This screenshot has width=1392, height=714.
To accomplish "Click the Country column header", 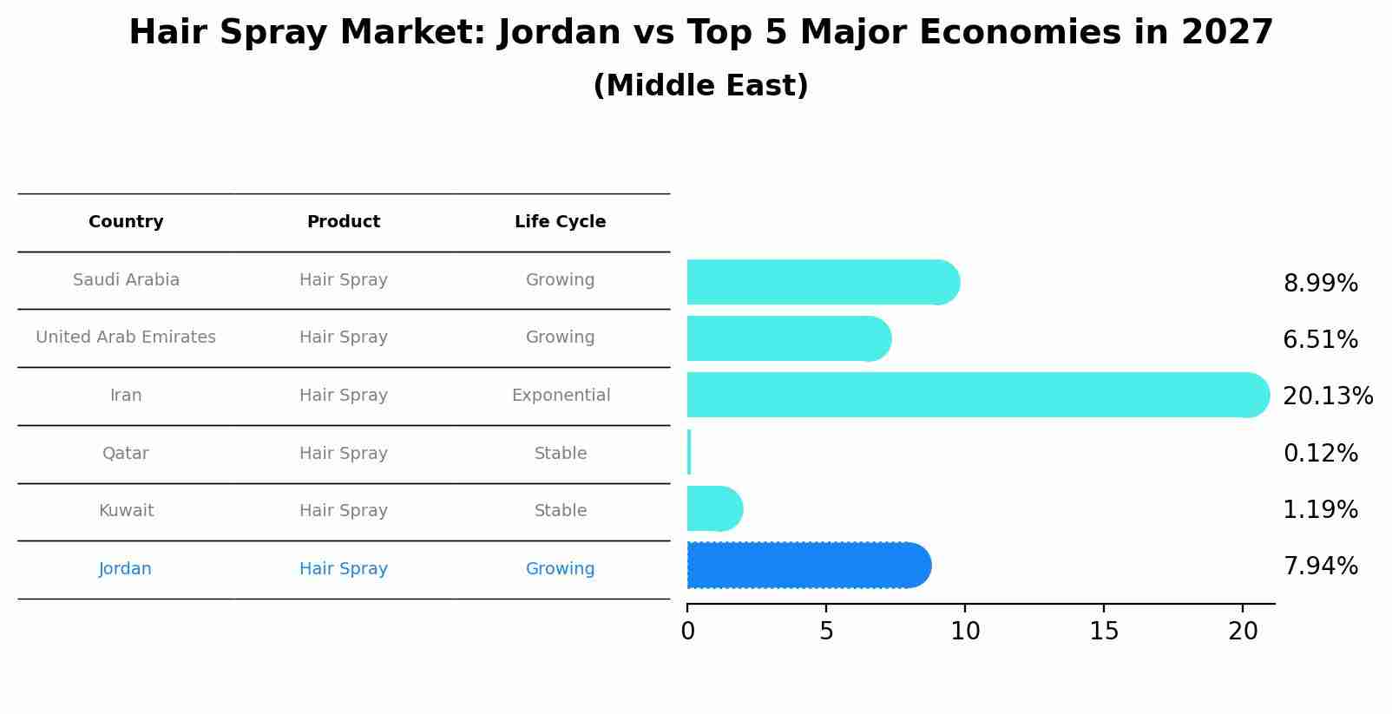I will click(x=126, y=222).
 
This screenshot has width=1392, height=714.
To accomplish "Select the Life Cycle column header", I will click(x=560, y=222).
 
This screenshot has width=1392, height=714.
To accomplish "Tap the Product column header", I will click(x=344, y=222).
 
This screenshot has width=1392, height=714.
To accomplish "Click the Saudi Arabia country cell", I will click(x=126, y=280).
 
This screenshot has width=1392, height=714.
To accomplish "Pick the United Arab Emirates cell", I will click(x=126, y=337).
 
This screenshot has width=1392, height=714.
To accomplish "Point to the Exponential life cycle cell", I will click(x=561, y=396).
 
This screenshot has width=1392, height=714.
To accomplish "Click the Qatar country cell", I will click(x=126, y=454).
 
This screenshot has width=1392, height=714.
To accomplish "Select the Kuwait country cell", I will click(x=126, y=511).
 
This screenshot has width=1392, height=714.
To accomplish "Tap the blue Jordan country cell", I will click(x=125, y=569).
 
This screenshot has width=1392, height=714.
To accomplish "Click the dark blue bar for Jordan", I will click(x=807, y=566).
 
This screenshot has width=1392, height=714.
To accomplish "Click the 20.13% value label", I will click(x=1328, y=396).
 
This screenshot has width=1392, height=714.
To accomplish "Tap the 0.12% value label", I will click(x=1320, y=454).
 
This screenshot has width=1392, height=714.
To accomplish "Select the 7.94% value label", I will click(x=1320, y=567).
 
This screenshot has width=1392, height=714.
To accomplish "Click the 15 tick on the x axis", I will click(x=1104, y=632).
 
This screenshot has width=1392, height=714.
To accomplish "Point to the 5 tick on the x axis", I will click(x=826, y=632).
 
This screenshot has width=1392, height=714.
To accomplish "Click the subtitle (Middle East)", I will click(x=700, y=86).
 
